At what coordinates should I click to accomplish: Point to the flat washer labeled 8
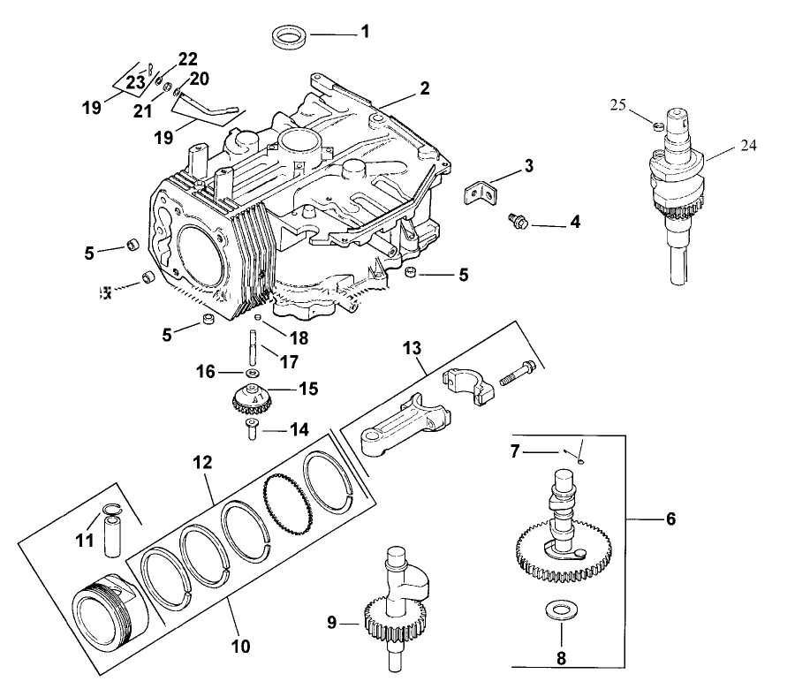pyautogui.click(x=556, y=610)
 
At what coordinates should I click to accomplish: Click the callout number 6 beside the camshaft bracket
pyautogui.click(x=670, y=519)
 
